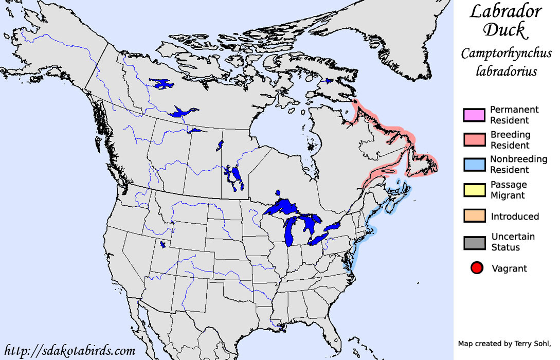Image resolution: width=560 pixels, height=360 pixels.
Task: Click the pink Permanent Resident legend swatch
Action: point(474,115)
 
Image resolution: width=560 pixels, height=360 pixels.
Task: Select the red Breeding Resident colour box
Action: point(474,140)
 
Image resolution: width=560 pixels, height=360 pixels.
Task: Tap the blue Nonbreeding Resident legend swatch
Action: point(474,165)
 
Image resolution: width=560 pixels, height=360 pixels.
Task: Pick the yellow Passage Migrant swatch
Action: point(474,190)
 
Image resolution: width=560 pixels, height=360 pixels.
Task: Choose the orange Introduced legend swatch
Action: point(474,216)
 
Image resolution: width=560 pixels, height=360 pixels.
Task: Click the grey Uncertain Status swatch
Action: point(474,242)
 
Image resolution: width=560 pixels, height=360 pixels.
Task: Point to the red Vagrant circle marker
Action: point(477,268)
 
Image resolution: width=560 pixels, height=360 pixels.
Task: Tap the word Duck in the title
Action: point(504,30)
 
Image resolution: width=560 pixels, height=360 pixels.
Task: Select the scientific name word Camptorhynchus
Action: point(506,53)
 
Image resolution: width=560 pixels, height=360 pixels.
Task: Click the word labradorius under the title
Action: point(506,70)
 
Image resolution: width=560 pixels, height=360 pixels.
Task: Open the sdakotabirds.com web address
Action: point(70,351)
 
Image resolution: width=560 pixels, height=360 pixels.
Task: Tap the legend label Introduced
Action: point(515,217)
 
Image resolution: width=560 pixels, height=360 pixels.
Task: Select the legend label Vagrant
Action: point(509,268)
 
